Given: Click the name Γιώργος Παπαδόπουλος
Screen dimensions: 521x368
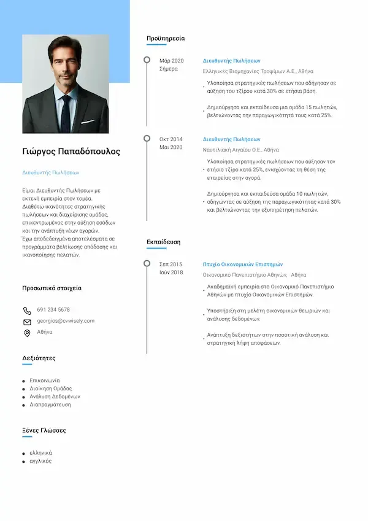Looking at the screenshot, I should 71,152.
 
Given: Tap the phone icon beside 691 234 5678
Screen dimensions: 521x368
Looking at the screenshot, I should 27,311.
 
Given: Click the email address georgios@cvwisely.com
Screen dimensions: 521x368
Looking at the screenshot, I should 66,321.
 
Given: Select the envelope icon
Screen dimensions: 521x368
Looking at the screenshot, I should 27,322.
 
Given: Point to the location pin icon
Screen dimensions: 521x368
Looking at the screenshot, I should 27,333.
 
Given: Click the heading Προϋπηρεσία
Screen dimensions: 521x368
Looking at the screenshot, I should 165,39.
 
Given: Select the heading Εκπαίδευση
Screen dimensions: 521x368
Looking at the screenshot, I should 163,242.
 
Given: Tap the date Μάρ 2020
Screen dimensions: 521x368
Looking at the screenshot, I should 172,61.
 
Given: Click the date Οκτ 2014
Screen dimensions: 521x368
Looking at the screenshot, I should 171,139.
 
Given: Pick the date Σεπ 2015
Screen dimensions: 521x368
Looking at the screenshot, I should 171,264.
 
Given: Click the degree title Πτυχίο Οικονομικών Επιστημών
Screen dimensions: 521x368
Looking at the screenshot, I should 242,264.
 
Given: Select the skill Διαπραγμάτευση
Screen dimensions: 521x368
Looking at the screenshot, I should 50,405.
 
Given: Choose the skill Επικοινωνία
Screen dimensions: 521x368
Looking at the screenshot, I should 45,380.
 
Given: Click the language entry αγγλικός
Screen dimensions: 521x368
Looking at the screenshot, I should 41,461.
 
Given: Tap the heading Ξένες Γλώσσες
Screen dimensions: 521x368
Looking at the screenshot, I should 44,430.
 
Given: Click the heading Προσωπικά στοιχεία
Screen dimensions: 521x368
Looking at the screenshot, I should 52,288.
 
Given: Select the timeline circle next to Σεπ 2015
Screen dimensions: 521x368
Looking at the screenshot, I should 147,264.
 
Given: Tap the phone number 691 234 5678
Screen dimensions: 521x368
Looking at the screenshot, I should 53,310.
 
